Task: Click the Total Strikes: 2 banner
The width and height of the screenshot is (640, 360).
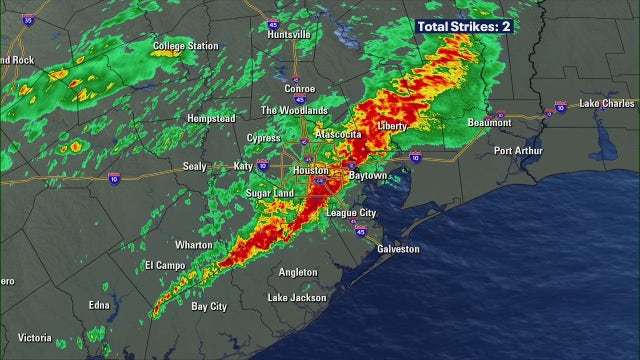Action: tap(464, 25)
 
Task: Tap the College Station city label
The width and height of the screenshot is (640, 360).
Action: tap(185, 46)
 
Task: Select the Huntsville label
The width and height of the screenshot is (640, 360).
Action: tap(289, 34)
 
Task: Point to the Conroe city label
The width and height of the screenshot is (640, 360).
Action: tap(299, 88)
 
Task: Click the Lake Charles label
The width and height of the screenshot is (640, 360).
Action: tap(607, 103)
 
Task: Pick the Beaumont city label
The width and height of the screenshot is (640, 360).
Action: tap(490, 123)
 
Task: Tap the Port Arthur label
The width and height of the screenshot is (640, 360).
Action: tap(518, 151)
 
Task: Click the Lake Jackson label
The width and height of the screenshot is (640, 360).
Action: tap(298, 298)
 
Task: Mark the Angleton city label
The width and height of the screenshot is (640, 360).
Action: tap(298, 271)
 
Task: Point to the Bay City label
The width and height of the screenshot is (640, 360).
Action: tap(209, 306)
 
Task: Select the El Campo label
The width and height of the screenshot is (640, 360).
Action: tap(165, 265)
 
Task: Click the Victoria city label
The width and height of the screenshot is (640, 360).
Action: tap(34, 337)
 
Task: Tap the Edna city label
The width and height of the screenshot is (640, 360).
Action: tap(99, 305)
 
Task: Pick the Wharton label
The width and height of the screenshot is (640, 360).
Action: tap(193, 244)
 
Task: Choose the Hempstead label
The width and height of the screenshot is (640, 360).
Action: tap(211, 118)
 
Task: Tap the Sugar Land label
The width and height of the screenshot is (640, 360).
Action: tap(270, 192)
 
